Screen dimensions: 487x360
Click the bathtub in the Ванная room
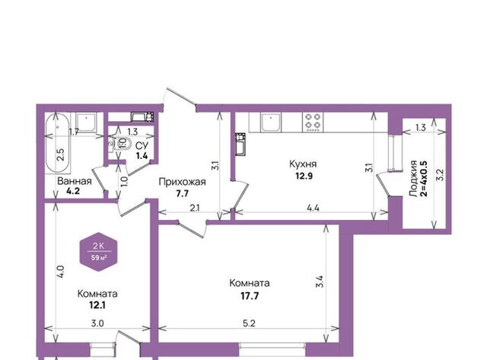tap(57, 144)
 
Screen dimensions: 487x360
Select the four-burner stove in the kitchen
tap(313, 122)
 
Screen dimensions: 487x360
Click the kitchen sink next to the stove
tap(271, 122)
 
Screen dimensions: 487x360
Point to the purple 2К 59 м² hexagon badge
tap(99, 252)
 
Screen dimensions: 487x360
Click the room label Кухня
tap(303, 164)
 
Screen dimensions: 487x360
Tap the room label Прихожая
tap(182, 182)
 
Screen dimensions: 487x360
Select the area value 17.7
tap(250, 296)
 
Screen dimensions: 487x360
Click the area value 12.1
tap(97, 305)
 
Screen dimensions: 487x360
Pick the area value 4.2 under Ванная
tap(73, 191)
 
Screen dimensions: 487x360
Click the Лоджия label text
tap(412, 179)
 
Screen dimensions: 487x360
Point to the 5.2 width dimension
tap(249, 323)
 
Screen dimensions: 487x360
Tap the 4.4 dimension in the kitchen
tap(313, 208)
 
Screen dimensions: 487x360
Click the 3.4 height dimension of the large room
tap(320, 282)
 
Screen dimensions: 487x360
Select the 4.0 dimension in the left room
tap(61, 272)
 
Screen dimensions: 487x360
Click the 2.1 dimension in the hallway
tap(195, 208)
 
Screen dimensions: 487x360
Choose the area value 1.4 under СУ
tap(142, 155)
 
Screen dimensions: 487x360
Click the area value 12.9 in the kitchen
tap(304, 176)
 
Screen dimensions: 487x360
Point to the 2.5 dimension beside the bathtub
tap(61, 155)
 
